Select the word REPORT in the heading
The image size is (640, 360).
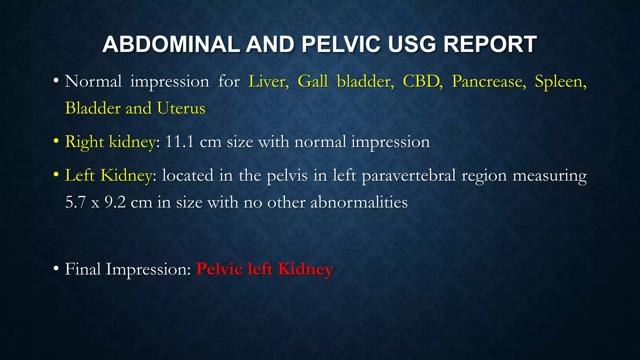tap(490, 44)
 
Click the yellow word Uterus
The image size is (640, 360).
tap(181, 108)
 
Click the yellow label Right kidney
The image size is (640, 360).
tap(110, 142)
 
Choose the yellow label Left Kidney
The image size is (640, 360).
tap(108, 175)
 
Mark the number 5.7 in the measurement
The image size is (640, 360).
tap(75, 202)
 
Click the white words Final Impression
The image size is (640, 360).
tap(127, 269)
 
